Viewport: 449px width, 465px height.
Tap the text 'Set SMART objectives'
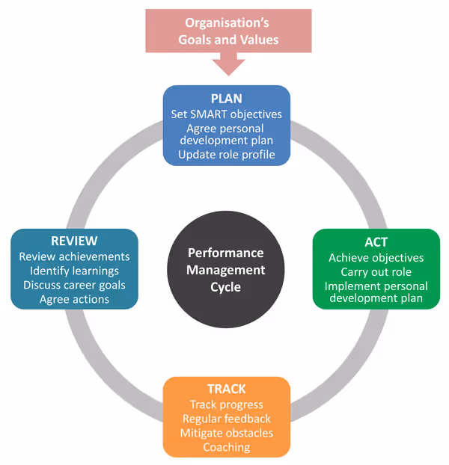(x=226, y=114)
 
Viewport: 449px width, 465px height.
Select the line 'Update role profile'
(x=226, y=155)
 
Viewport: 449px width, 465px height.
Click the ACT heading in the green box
(x=376, y=242)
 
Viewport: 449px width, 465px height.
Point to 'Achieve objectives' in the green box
(x=376, y=258)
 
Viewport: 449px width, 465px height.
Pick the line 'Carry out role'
(x=376, y=272)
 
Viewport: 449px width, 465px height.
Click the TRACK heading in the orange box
(x=226, y=389)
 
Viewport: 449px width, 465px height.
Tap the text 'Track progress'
(x=226, y=404)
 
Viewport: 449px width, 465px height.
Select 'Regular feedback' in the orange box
(x=226, y=419)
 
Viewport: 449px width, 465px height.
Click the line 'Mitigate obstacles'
(x=226, y=433)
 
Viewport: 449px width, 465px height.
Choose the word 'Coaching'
(x=226, y=447)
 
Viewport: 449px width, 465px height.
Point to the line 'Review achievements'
(x=74, y=256)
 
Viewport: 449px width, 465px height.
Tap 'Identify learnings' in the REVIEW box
(x=74, y=271)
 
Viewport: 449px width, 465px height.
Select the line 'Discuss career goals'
(x=74, y=285)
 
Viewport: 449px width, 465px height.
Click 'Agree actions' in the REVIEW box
(x=74, y=299)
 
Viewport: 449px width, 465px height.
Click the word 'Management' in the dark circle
(x=226, y=269)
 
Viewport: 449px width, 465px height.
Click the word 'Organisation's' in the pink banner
(x=228, y=23)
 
